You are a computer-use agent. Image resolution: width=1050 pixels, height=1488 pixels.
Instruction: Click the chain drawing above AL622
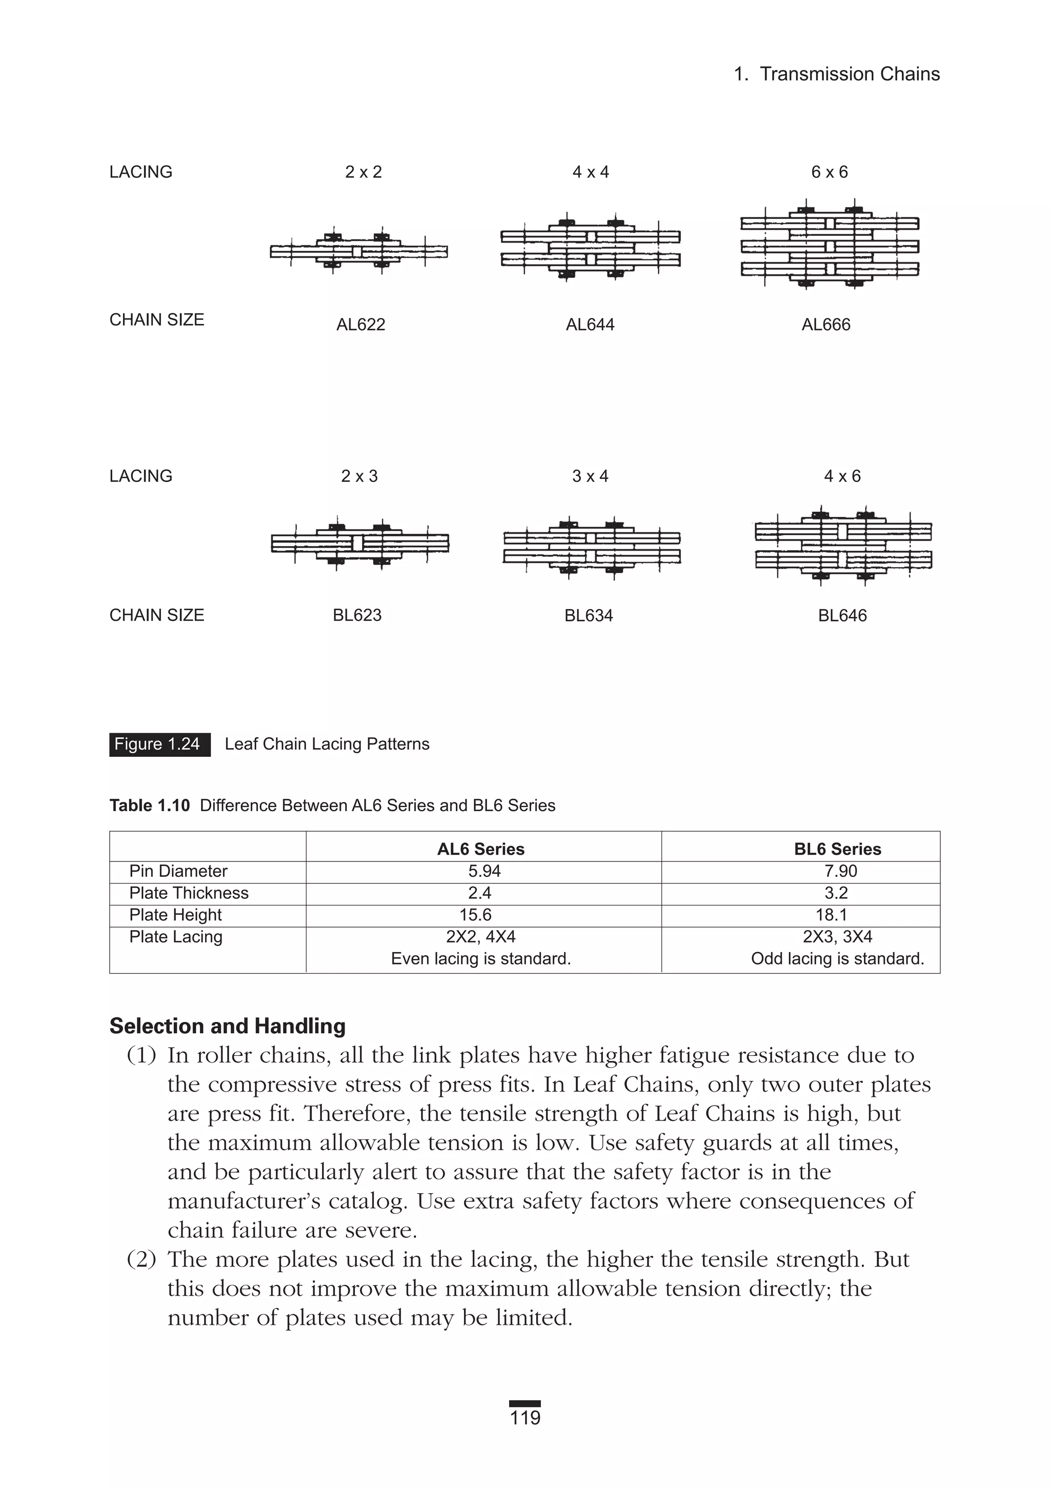[358, 251]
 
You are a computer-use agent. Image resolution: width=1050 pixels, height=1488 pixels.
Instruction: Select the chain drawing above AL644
[590, 248]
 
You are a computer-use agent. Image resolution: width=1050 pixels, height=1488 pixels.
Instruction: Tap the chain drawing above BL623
[360, 543]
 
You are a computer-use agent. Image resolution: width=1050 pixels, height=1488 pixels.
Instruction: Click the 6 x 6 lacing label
[829, 172]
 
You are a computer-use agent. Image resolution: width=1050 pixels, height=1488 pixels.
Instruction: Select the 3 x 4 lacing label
[590, 476]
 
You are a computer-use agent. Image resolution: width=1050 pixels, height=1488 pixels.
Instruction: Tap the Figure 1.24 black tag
[159, 744]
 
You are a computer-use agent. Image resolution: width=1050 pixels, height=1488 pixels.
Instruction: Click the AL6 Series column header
[481, 849]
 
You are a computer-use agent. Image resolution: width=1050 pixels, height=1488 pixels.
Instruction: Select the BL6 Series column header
[837, 849]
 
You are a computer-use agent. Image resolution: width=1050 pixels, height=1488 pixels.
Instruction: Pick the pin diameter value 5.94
[484, 871]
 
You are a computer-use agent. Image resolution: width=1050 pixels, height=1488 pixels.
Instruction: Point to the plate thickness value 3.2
[836, 893]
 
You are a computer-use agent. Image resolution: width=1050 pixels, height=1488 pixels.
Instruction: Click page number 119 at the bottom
[525, 1418]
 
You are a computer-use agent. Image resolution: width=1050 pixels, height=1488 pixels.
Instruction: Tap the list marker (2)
[142, 1259]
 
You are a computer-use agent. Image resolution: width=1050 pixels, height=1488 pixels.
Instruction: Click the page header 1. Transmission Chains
[836, 74]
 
